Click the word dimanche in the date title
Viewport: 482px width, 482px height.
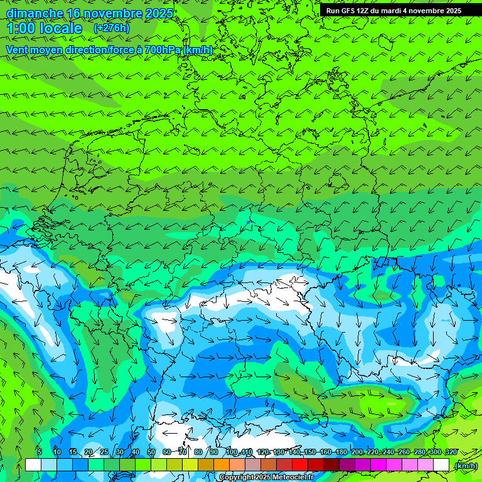click(34, 13)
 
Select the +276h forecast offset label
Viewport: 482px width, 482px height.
click(111, 28)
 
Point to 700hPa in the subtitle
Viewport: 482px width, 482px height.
click(163, 50)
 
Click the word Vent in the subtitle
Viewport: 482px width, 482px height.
click(18, 50)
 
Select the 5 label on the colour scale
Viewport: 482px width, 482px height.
click(40, 452)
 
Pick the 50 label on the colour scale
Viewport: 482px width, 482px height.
click(151, 452)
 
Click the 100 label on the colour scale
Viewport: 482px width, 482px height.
click(232, 452)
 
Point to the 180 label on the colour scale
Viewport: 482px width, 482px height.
click(341, 452)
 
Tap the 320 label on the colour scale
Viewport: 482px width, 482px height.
click(451, 452)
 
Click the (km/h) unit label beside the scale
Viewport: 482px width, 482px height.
click(466, 466)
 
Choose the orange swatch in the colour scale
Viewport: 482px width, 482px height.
click(222, 464)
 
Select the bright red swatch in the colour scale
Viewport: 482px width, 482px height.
click(300, 464)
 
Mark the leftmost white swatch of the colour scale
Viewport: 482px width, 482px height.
click(33, 464)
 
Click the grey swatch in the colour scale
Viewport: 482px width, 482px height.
click(253, 464)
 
